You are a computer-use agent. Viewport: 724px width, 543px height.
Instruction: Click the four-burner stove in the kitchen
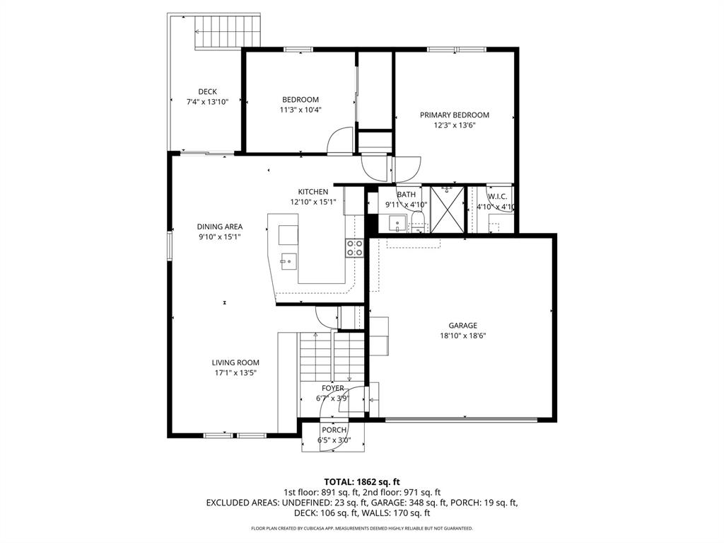click(x=354, y=248)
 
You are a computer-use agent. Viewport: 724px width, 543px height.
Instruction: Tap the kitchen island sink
click(x=287, y=261)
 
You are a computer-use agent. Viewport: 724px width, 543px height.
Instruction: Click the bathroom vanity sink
click(x=397, y=225)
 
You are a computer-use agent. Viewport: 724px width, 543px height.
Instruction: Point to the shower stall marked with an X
click(x=446, y=210)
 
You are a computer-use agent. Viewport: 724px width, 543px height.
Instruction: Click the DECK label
click(x=207, y=91)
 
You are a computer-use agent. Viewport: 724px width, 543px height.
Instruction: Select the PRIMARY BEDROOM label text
click(x=454, y=115)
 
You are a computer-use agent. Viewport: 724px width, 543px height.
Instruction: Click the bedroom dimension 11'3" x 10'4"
click(x=300, y=110)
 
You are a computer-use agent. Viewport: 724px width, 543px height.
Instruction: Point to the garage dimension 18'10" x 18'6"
click(x=462, y=336)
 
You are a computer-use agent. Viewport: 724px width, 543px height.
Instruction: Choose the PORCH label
click(x=334, y=430)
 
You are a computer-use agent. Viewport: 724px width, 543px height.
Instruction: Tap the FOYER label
click(x=332, y=388)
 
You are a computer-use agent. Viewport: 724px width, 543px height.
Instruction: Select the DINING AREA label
click(x=219, y=227)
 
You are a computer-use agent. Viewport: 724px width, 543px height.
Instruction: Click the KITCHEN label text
click(x=313, y=192)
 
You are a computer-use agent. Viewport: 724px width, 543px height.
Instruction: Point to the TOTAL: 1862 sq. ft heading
click(x=361, y=481)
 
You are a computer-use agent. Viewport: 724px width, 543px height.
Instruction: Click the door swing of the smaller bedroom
click(x=340, y=139)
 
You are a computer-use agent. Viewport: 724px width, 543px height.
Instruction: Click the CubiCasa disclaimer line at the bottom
click(x=361, y=528)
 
